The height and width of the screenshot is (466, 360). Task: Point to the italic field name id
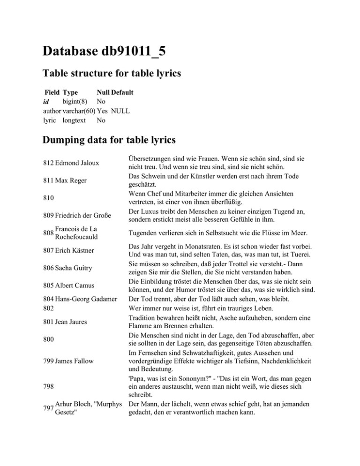click(x=46, y=102)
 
